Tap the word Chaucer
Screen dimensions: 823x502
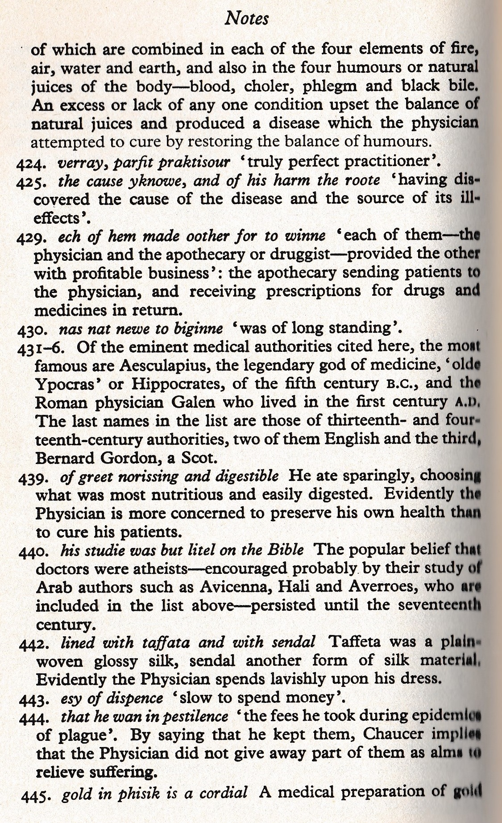point(394,734)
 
